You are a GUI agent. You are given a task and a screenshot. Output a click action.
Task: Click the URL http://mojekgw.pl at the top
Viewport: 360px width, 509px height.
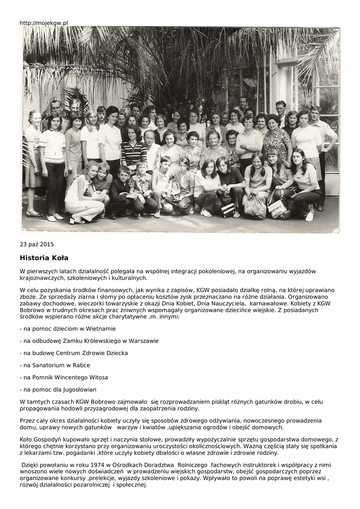pos(44,23)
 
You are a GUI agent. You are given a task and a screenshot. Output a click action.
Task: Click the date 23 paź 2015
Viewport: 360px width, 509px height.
pos(37,244)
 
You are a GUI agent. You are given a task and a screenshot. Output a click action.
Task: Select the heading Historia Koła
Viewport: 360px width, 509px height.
pos(44,258)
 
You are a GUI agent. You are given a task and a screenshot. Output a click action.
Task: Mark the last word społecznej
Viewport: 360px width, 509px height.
pos(131,485)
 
